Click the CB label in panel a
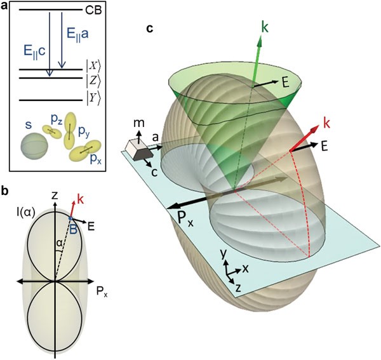coord(93,11)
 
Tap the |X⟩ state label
coord(93,66)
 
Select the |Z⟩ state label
coord(93,81)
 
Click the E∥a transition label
coord(77,35)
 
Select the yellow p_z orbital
coord(52,131)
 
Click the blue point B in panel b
coord(70,218)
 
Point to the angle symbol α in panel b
coord(58,243)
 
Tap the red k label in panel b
coord(81,199)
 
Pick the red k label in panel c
coord(326,123)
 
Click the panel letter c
coord(150,29)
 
